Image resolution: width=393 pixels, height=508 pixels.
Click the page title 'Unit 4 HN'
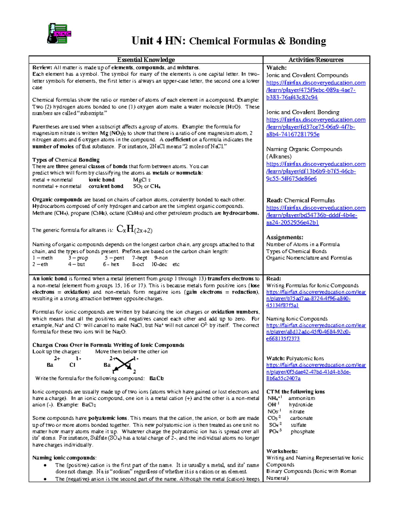click(159, 41)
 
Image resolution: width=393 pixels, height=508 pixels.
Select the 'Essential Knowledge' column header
click(146, 60)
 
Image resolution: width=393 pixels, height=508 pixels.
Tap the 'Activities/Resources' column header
click(316, 60)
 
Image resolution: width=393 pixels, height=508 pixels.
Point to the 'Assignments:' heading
click(285, 237)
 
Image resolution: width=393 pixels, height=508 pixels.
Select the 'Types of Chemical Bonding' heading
click(66, 160)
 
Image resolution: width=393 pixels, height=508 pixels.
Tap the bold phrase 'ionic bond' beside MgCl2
click(102, 180)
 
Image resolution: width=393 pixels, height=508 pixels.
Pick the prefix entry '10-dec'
click(159, 264)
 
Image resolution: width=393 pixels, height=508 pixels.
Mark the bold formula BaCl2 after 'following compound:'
click(156, 378)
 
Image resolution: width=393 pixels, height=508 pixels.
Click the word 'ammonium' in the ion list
click(302, 398)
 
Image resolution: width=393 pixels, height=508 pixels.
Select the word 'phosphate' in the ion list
click(302, 431)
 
